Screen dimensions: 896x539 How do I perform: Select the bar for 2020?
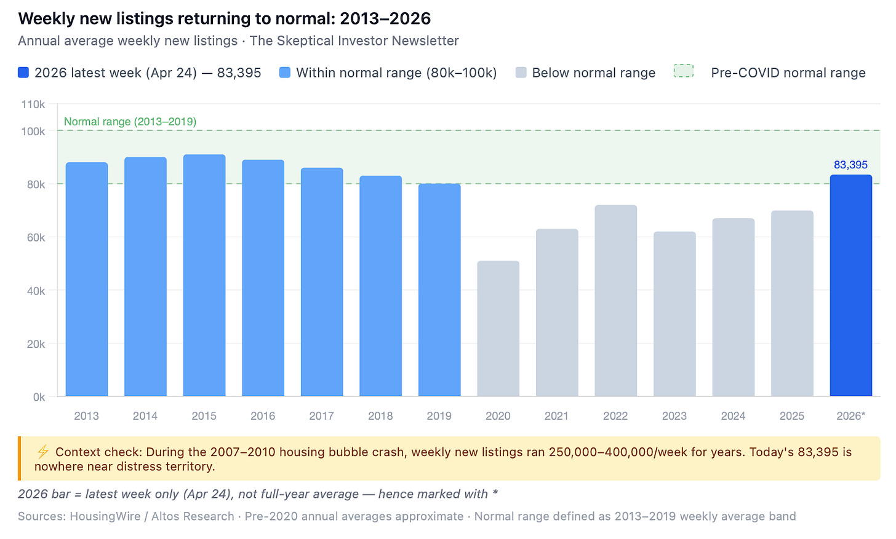point(498,328)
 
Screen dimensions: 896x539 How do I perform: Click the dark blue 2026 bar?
point(851,285)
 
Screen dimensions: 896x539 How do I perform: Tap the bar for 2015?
point(204,275)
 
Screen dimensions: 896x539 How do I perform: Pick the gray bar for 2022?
point(615,301)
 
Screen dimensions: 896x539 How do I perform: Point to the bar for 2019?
point(439,290)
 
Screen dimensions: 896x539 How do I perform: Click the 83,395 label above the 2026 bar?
point(851,165)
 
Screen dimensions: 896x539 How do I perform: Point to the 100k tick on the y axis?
point(33,132)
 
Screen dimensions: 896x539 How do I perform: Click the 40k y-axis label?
point(36,291)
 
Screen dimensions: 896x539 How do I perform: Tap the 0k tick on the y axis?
point(39,397)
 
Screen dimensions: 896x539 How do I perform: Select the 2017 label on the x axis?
point(322,416)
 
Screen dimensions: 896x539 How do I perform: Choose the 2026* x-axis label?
point(851,416)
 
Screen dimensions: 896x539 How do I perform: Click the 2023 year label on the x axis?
point(674,416)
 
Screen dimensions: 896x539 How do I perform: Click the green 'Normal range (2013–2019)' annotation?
point(130,122)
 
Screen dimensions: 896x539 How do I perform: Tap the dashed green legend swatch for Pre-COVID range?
point(684,71)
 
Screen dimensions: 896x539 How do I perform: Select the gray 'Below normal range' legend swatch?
point(521,73)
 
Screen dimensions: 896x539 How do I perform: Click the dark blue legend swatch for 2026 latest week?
point(23,73)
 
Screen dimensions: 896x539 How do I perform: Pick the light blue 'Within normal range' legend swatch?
point(285,73)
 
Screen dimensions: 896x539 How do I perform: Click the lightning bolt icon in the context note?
point(43,452)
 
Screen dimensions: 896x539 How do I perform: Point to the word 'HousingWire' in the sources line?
point(105,516)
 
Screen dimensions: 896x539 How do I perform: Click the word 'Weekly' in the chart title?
point(46,19)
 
